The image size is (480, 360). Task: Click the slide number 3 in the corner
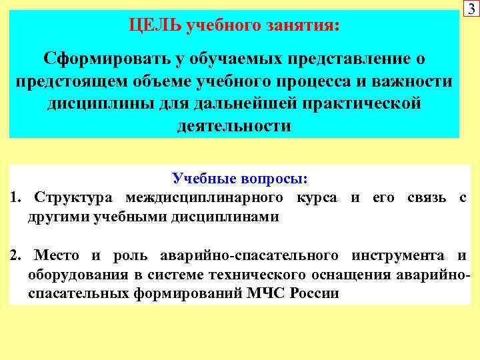click(x=471, y=9)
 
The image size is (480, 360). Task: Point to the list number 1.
click(x=16, y=198)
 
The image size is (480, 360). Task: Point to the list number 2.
click(x=16, y=256)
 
